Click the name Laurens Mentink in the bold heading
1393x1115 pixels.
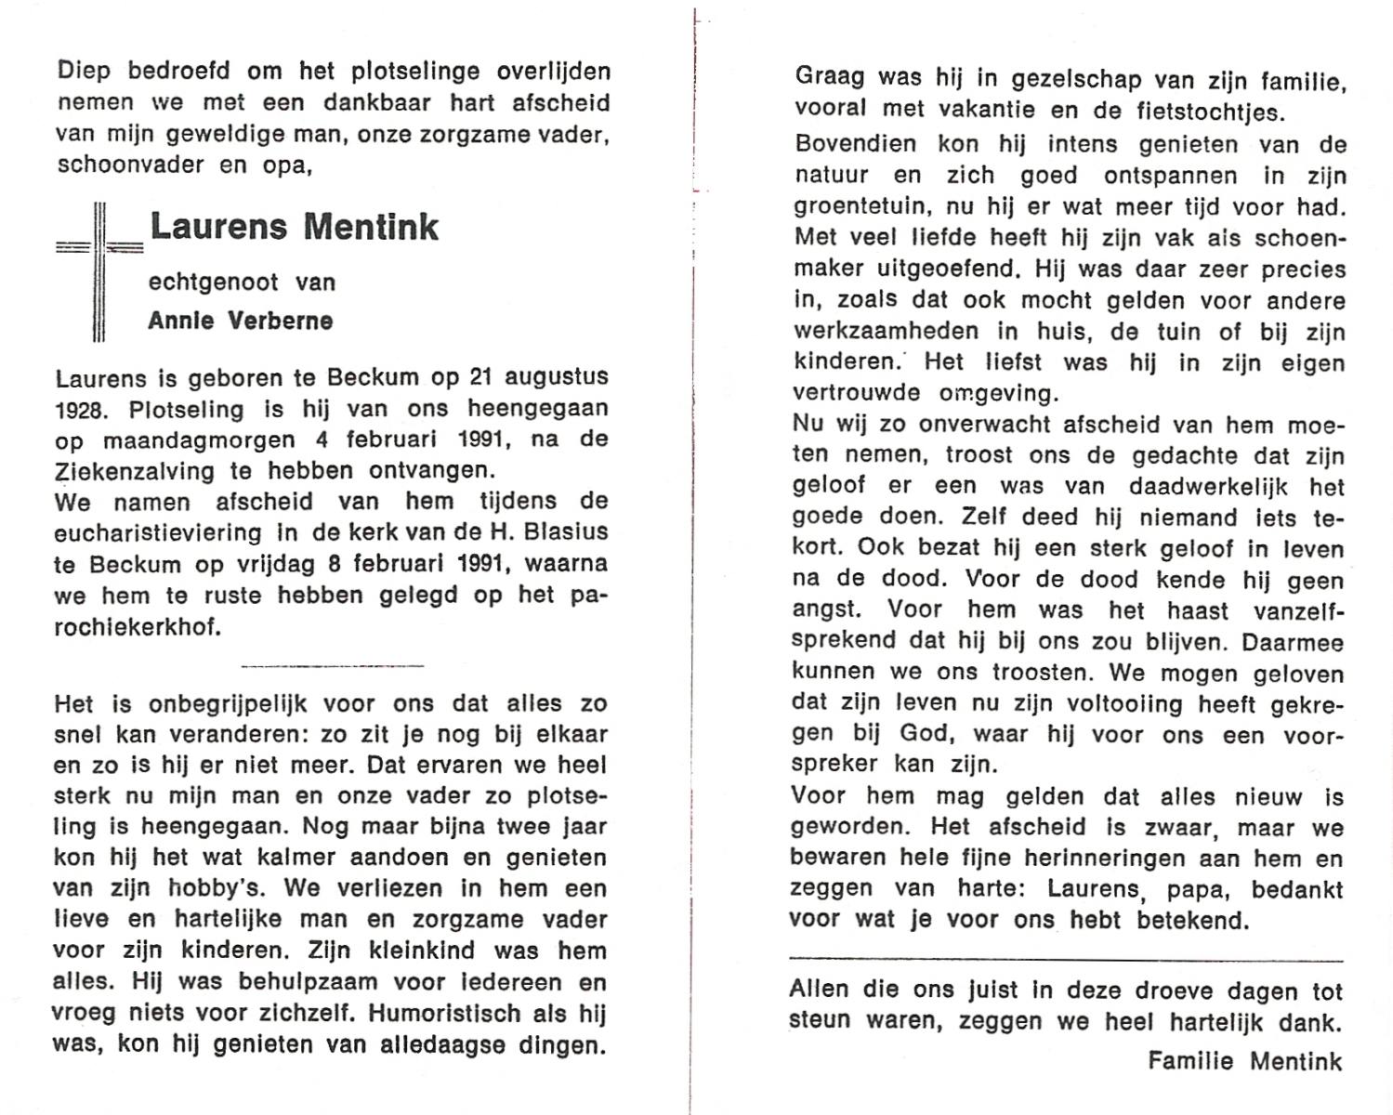click(294, 228)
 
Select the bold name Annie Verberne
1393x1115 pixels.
click(241, 321)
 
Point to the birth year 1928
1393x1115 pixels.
click(83, 410)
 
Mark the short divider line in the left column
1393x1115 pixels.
click(332, 665)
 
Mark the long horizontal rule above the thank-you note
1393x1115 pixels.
click(1066, 960)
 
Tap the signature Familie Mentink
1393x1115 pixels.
click(1244, 1061)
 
